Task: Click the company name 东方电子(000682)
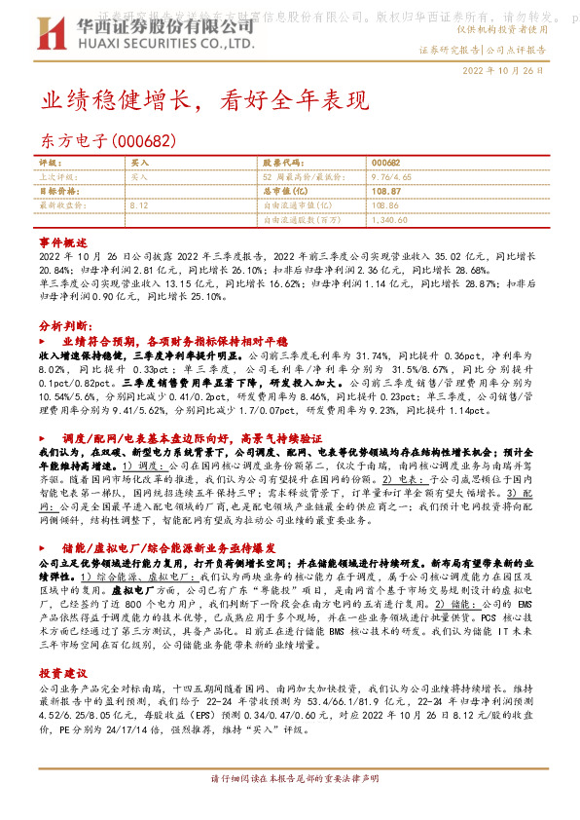tap(108, 142)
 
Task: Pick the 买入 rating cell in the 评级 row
tap(140, 164)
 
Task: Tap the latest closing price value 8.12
tap(138, 206)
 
